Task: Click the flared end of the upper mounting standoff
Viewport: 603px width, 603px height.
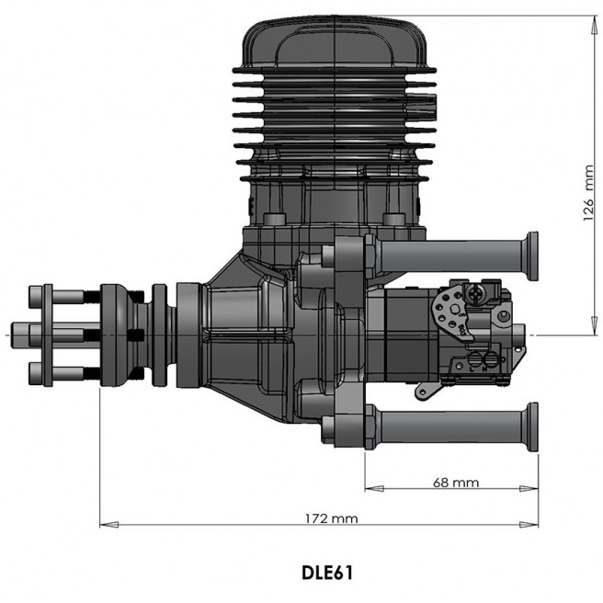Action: pos(530,256)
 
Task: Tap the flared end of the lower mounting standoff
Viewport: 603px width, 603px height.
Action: pos(530,427)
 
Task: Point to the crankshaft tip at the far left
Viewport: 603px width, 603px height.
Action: pos(16,332)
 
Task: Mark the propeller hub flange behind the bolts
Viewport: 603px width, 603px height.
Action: pos(118,333)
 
